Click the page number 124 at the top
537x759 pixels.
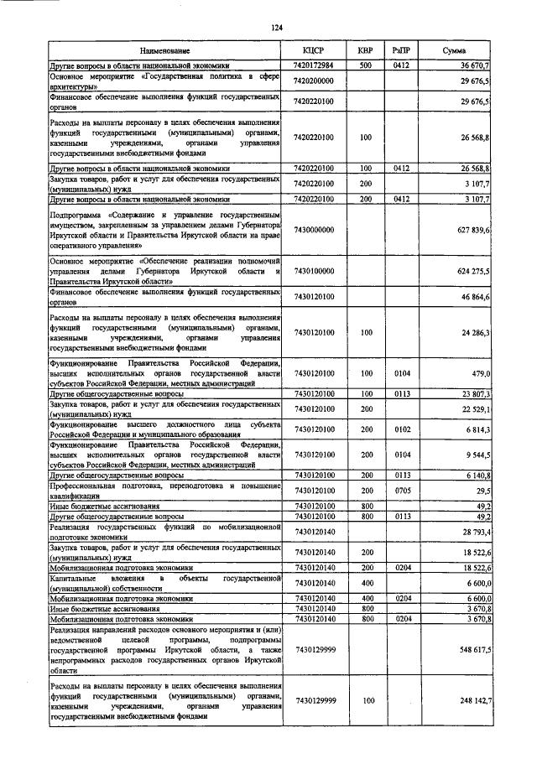tap(275, 28)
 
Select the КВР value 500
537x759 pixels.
tap(365, 65)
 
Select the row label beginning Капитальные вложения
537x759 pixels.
tap(164, 582)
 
